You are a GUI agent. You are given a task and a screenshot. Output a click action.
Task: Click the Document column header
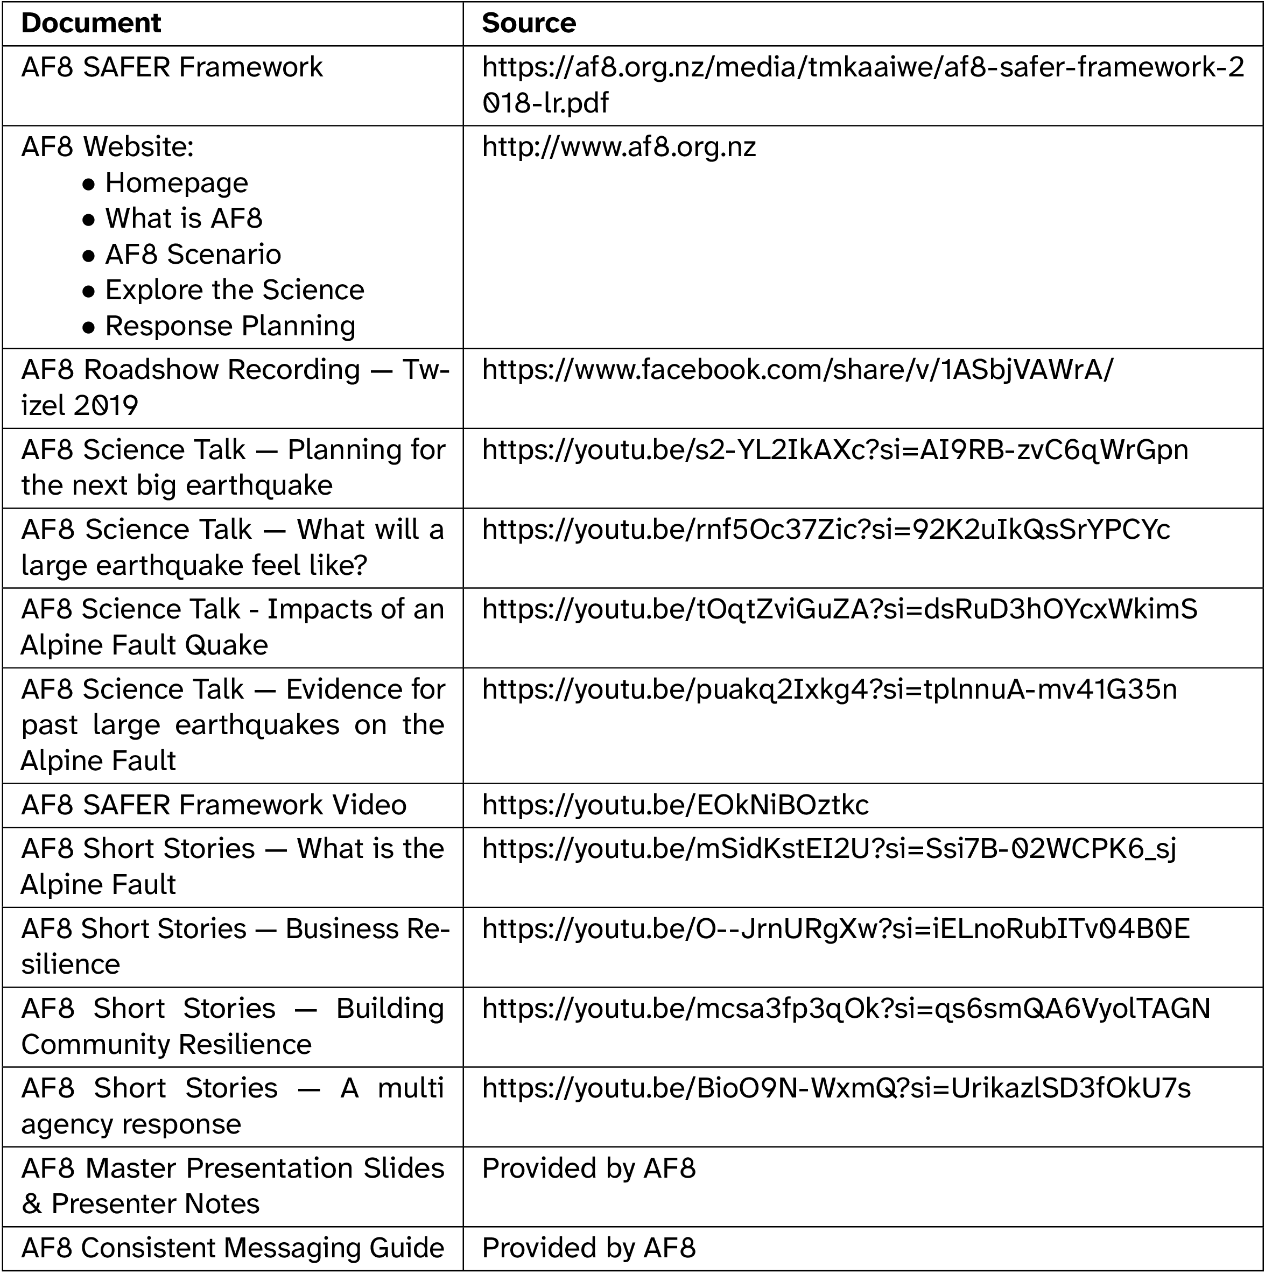pyautogui.click(x=91, y=24)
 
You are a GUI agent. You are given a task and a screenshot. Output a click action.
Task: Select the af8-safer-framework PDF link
pyautogui.click(x=863, y=85)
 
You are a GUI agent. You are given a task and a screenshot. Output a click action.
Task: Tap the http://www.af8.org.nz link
pyautogui.click(x=619, y=147)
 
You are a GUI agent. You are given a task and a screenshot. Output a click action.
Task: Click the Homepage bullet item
pyautogui.click(x=176, y=182)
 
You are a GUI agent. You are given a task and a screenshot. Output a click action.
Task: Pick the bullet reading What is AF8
pyautogui.click(x=184, y=219)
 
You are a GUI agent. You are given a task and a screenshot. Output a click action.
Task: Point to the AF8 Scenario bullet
pyautogui.click(x=193, y=255)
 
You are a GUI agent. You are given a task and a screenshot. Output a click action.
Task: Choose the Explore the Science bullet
pyautogui.click(x=234, y=290)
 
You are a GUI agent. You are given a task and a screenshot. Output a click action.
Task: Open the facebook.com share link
pyautogui.click(x=797, y=370)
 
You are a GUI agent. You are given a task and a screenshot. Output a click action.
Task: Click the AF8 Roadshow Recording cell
pyautogui.click(x=234, y=388)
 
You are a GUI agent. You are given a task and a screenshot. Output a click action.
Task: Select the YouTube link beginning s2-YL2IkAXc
pyautogui.click(x=835, y=451)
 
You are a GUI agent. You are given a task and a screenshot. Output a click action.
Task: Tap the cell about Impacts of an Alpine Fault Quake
pyautogui.click(x=232, y=627)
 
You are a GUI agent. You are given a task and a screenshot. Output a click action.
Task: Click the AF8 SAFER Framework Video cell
pyautogui.click(x=214, y=805)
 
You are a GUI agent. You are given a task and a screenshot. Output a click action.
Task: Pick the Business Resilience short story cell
pyautogui.click(x=234, y=946)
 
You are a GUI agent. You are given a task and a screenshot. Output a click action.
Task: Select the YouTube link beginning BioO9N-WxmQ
pyautogui.click(x=837, y=1089)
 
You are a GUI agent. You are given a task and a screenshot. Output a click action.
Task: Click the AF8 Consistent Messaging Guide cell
pyautogui.click(x=232, y=1248)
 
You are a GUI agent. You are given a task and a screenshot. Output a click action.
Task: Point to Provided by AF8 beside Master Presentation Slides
pyautogui.click(x=588, y=1169)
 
